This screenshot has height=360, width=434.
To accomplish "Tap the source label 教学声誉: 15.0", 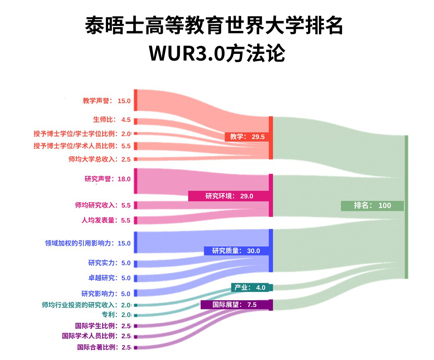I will (x=106, y=101).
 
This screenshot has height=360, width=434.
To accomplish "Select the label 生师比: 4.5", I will (x=112, y=120).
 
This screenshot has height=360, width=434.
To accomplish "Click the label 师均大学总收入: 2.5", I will (x=99, y=159).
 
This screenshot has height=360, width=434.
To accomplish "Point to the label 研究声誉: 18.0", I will (x=107, y=179).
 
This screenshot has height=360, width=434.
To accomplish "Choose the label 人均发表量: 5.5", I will (x=106, y=220).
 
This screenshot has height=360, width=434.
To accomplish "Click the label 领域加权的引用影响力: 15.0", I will (x=88, y=243).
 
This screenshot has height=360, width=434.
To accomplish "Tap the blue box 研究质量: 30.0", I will (x=236, y=251).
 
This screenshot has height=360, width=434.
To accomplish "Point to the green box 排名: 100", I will (x=372, y=205).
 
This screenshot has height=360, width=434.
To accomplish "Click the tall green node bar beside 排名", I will (x=406, y=207).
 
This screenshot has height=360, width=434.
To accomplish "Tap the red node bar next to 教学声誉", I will (x=135, y=100).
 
